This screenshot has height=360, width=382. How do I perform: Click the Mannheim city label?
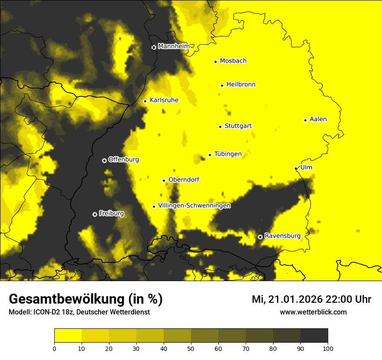(x=174, y=46)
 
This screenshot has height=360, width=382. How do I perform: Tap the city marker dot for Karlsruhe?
(x=145, y=101)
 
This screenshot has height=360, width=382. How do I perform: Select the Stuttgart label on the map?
(x=238, y=126)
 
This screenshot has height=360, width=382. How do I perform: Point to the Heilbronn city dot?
(x=222, y=85)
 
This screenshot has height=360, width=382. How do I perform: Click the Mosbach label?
(x=233, y=61)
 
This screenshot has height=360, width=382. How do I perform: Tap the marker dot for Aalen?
(x=305, y=120)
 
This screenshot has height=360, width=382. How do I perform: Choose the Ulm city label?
(x=306, y=167)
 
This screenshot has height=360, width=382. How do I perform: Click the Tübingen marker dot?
(x=210, y=155)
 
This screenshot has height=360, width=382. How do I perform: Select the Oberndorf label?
(x=184, y=180)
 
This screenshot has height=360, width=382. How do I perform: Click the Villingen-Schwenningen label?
(x=194, y=206)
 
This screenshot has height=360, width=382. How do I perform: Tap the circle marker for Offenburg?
(x=104, y=160)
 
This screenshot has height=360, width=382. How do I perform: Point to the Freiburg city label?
(x=111, y=213)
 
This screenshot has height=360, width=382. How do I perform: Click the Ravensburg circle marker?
(x=260, y=237)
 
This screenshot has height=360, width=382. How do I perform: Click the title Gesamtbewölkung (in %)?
(x=86, y=299)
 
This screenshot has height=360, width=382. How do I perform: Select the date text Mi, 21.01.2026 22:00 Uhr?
(x=311, y=299)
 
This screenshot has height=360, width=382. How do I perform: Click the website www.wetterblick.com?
(x=313, y=312)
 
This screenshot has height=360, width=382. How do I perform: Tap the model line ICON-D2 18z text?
(x=79, y=312)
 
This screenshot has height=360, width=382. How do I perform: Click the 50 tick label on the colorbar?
(x=191, y=348)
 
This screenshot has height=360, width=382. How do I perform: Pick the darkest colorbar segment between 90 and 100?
(x=314, y=336)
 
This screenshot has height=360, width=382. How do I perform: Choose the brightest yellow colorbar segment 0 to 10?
(x=68, y=336)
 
